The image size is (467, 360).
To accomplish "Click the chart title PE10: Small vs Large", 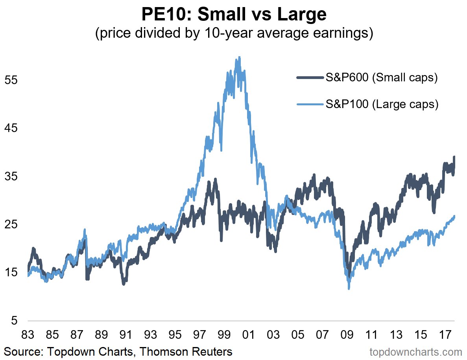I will tap(234, 15).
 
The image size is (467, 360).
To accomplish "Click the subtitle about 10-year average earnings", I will tap(234, 33).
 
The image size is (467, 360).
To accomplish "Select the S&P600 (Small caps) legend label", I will tap(381, 78).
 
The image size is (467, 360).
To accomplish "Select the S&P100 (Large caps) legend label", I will tap(381, 105).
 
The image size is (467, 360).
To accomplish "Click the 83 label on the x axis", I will tap(28, 335).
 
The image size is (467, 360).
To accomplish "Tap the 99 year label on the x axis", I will tap(224, 335).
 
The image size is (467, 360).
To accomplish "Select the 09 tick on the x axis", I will tap(347, 335).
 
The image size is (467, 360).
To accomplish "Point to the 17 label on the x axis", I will tap(445, 335).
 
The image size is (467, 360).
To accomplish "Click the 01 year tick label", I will tap(249, 335).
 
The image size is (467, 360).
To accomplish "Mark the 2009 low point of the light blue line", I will tap(349, 289).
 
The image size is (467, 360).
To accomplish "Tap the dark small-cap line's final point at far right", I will tap(454, 157).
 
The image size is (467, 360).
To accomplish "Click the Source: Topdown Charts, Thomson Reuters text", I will tap(118, 351).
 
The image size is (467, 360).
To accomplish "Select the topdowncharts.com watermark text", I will tap(416, 351).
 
